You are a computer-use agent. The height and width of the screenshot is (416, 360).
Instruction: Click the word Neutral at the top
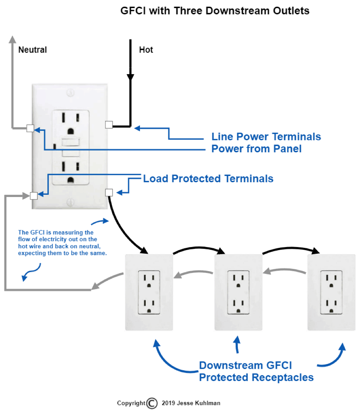pyautogui.click(x=32, y=49)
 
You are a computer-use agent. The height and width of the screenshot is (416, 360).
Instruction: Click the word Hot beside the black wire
pyautogui.click(x=146, y=49)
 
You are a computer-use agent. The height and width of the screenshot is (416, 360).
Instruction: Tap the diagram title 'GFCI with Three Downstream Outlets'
pyautogui.click(x=215, y=11)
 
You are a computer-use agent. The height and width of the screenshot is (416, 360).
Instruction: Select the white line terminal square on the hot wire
pyautogui.click(x=109, y=125)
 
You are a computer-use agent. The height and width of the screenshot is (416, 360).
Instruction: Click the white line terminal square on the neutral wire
pyautogui.click(x=30, y=128)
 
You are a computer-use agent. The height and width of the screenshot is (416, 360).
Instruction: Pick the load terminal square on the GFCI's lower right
pyautogui.click(x=109, y=192)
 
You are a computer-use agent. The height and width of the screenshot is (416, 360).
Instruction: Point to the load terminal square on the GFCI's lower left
pyautogui.click(x=34, y=196)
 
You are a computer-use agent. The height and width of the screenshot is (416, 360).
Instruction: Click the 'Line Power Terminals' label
pyautogui.click(x=266, y=137)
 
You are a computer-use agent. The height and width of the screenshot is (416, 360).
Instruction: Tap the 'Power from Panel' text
pyautogui.click(x=256, y=149)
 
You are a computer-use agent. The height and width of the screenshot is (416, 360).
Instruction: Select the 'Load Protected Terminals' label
pyautogui.click(x=208, y=179)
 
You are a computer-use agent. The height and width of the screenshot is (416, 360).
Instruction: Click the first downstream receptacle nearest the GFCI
pyautogui.click(x=148, y=292)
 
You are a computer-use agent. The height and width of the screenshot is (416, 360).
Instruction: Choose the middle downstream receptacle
pyautogui.click(x=238, y=292)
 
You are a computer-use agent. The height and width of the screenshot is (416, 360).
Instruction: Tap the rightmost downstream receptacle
pyautogui.click(x=331, y=292)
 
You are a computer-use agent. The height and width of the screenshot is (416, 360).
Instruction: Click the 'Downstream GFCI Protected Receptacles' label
pyautogui.click(x=256, y=371)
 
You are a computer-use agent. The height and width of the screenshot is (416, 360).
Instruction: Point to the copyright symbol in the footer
pyautogui.click(x=152, y=403)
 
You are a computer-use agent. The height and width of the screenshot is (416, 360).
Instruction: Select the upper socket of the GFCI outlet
pyautogui.click(x=70, y=123)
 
